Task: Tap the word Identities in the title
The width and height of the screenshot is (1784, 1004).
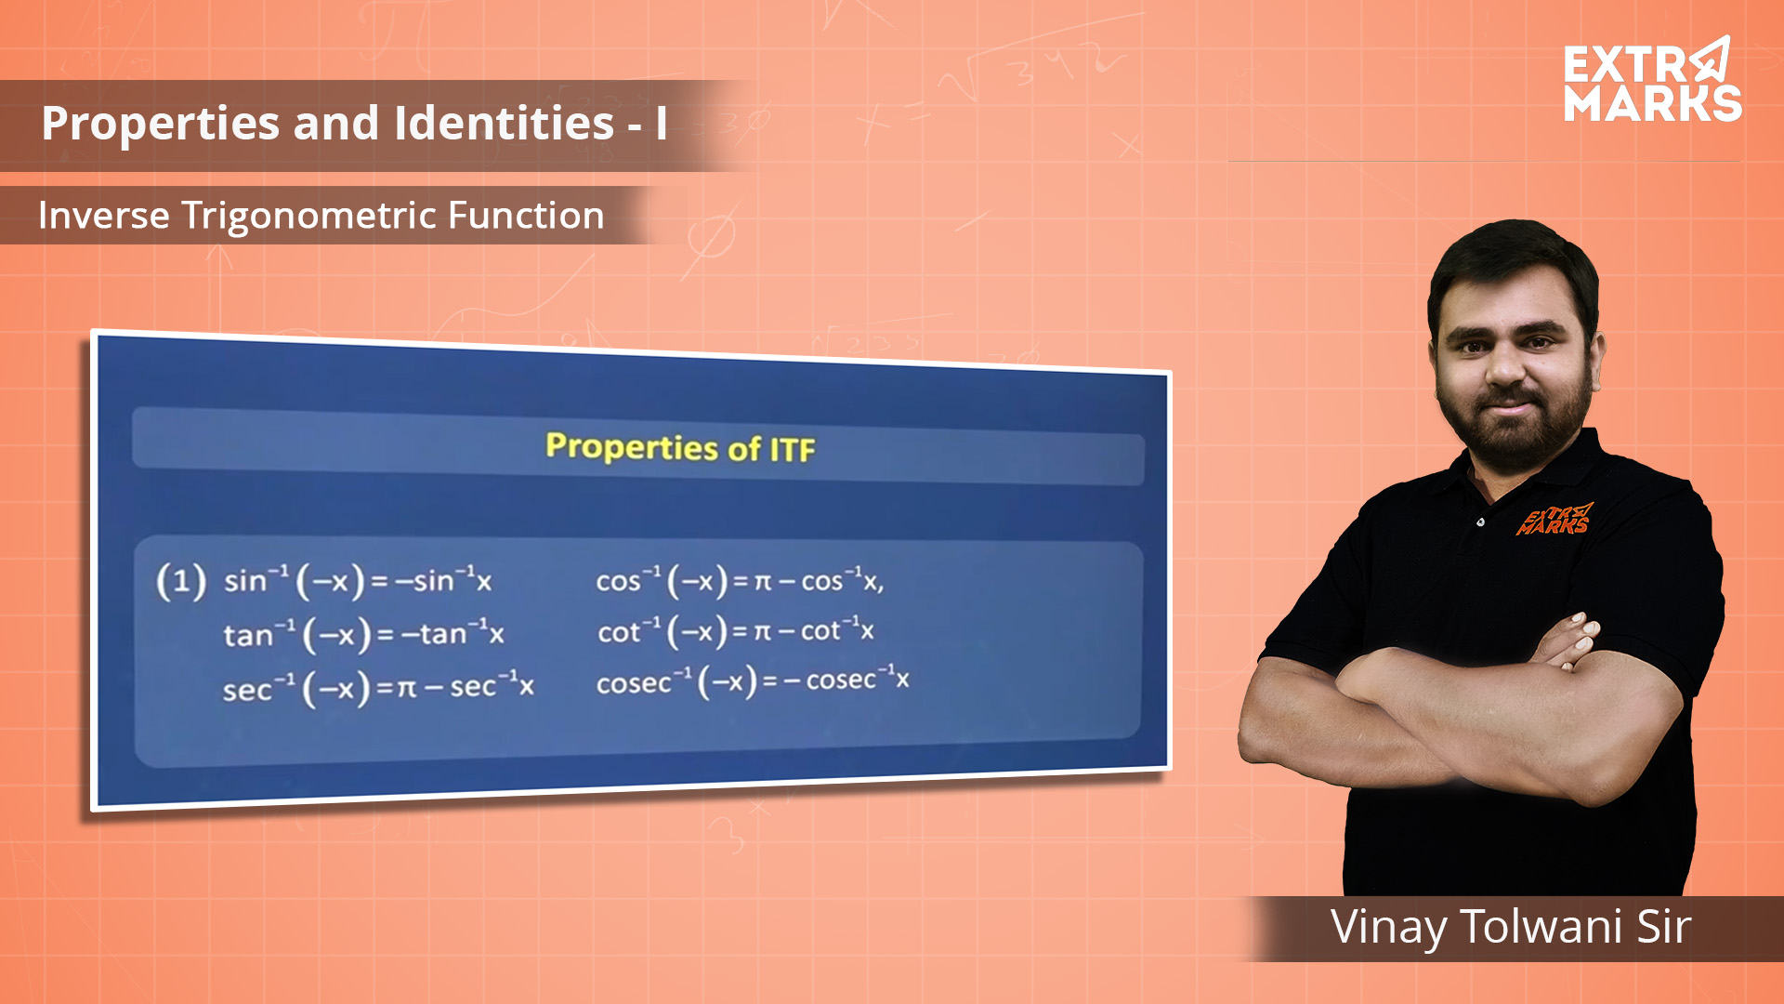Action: click(504, 123)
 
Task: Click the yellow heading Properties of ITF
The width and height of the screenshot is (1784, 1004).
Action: click(680, 447)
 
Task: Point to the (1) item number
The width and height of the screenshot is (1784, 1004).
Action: click(181, 582)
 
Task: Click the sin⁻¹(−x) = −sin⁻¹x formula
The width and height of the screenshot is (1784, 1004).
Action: click(358, 581)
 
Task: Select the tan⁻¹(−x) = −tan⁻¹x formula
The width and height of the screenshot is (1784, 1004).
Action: click(363, 635)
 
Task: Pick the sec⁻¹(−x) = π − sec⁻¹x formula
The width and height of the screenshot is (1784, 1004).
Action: click(378, 688)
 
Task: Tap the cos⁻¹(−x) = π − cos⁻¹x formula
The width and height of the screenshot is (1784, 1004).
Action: click(740, 581)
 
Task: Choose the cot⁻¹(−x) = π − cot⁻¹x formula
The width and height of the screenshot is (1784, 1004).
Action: click(736, 631)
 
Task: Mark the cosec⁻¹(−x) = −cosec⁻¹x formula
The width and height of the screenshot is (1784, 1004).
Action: click(753, 681)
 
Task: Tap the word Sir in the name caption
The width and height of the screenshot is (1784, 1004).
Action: click(1663, 927)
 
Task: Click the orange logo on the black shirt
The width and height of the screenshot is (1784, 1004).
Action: click(1554, 520)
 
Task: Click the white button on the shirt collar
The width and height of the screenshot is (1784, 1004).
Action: click(1480, 522)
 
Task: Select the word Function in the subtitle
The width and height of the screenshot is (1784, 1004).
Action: click(526, 216)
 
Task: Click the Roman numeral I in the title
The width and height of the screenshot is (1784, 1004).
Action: click(661, 123)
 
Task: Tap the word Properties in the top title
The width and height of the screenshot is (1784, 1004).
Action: click(160, 125)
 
